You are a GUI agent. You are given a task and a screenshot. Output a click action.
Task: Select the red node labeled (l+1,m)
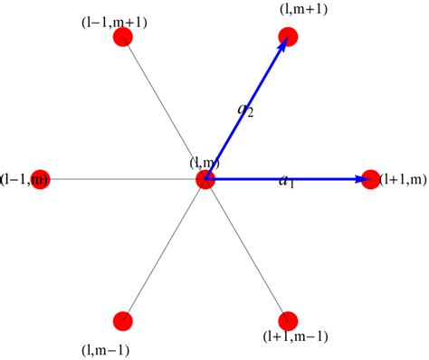pos(371,179)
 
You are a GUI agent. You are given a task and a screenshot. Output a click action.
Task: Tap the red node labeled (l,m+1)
pos(289,37)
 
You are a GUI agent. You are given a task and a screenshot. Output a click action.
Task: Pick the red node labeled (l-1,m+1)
pos(124,37)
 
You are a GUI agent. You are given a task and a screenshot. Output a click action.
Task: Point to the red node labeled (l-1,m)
pos(38,179)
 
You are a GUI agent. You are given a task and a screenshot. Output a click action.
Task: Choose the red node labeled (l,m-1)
pos(123,321)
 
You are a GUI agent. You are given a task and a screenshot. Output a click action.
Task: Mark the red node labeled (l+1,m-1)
pos(289,321)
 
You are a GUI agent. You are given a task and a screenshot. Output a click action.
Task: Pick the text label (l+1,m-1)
pos(295,336)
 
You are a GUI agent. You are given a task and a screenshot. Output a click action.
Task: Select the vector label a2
pos(245,110)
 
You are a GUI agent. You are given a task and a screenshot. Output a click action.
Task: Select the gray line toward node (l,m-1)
pos(165,251)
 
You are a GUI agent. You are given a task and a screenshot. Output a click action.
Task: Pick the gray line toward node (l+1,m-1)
pos(247,251)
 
